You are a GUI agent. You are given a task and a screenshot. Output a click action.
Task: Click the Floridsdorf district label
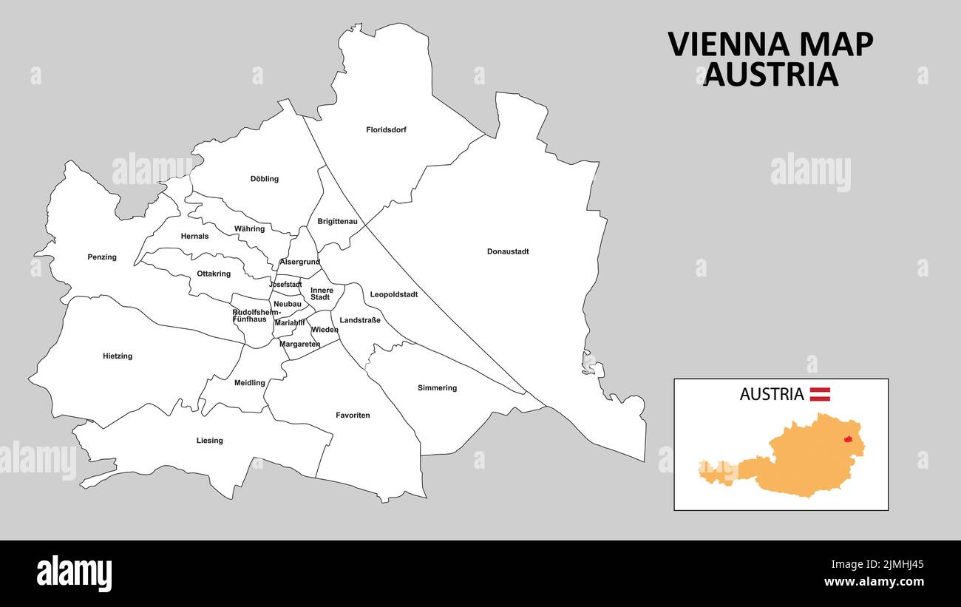coord(386,130)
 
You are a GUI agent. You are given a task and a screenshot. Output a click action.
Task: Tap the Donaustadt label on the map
coord(508,251)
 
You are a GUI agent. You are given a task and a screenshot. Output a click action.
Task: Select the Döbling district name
coord(265,179)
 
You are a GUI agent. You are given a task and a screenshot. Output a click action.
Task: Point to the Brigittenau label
coord(337,221)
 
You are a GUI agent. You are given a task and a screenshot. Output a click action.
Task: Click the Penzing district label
coord(102,257)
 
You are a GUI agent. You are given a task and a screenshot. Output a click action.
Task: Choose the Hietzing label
coord(118,356)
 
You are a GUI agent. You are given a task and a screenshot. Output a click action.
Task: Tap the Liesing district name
coord(209,441)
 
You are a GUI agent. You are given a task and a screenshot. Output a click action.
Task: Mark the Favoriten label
coord(353,416)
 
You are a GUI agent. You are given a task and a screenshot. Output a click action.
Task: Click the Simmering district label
coord(437,388)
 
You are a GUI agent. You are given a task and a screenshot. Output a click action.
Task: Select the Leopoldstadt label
coord(394,294)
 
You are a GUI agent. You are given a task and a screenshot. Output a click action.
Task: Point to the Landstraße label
coord(360,320)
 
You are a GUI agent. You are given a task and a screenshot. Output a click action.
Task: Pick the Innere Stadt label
coord(322,294)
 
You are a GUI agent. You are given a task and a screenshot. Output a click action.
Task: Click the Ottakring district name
coord(214,274)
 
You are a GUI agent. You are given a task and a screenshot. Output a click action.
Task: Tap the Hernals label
coord(194,237)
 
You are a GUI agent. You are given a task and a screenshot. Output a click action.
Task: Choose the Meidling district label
coord(249,383)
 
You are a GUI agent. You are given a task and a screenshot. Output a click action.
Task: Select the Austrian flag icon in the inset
coord(820,394)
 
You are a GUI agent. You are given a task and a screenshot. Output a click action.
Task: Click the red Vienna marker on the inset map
coord(849,439)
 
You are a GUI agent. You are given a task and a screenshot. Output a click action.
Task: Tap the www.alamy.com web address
coord(874,583)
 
